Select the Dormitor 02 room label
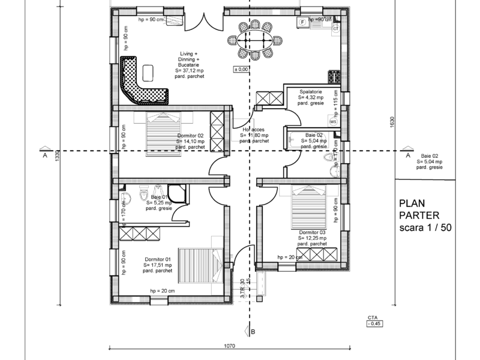191,141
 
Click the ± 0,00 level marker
241,70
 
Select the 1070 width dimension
229,346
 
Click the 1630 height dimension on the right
392,122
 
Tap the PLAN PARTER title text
419,210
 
